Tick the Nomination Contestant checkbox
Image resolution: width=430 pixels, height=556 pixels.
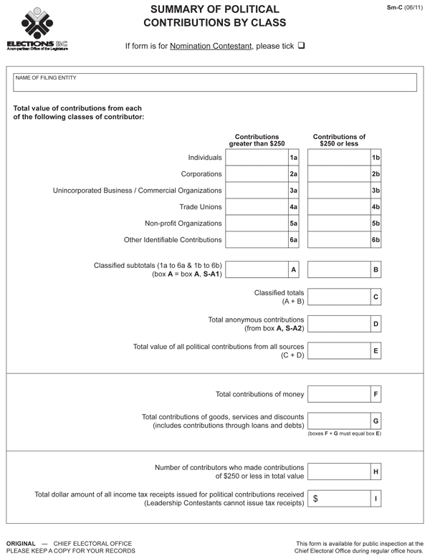(x=302, y=46)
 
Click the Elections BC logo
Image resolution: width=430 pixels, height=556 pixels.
(x=37, y=29)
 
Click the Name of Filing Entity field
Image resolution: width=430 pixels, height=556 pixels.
(x=215, y=83)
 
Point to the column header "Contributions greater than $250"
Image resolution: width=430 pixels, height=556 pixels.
(x=257, y=140)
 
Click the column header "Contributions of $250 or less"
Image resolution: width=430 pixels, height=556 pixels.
(x=339, y=140)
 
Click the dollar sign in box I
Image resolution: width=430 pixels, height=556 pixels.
(x=315, y=498)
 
